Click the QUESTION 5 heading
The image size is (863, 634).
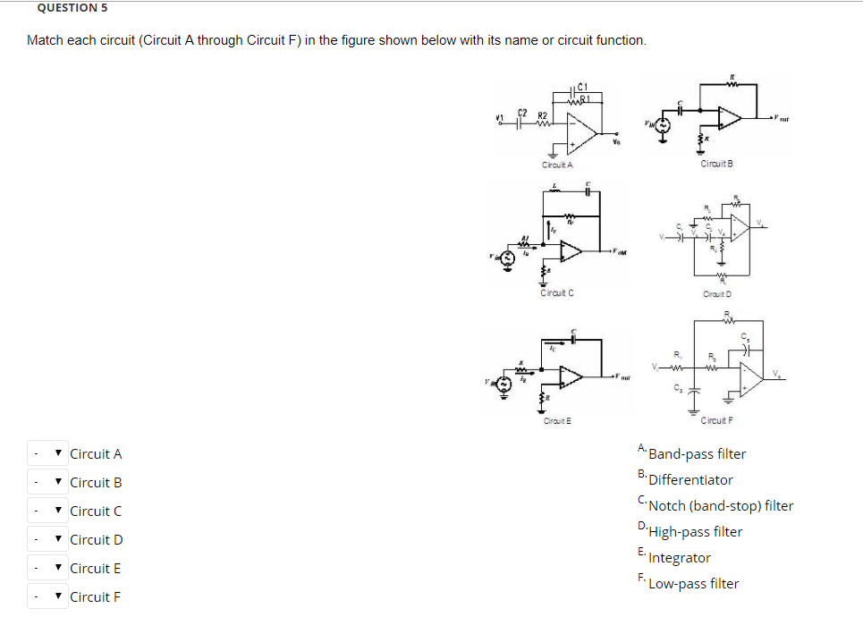pos(67,8)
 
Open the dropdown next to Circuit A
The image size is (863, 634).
pos(47,453)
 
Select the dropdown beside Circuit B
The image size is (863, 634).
pos(47,482)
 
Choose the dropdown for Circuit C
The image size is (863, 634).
pos(47,511)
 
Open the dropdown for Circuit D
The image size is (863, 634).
pos(47,539)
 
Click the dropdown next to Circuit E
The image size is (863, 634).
pos(47,568)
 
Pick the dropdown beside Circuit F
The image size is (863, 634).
pos(47,596)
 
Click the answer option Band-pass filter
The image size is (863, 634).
pos(697,454)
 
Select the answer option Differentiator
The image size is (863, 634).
pos(690,480)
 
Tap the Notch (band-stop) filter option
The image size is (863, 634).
pos(721,506)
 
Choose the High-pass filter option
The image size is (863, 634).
pos(696,532)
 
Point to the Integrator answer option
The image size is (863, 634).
pos(680,558)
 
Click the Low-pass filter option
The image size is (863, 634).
pos(694,584)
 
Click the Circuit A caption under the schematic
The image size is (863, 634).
pos(557,165)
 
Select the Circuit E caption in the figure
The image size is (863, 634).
pos(556,420)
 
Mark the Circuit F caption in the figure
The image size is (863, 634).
pos(717,420)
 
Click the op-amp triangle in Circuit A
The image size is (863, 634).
pos(582,133)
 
